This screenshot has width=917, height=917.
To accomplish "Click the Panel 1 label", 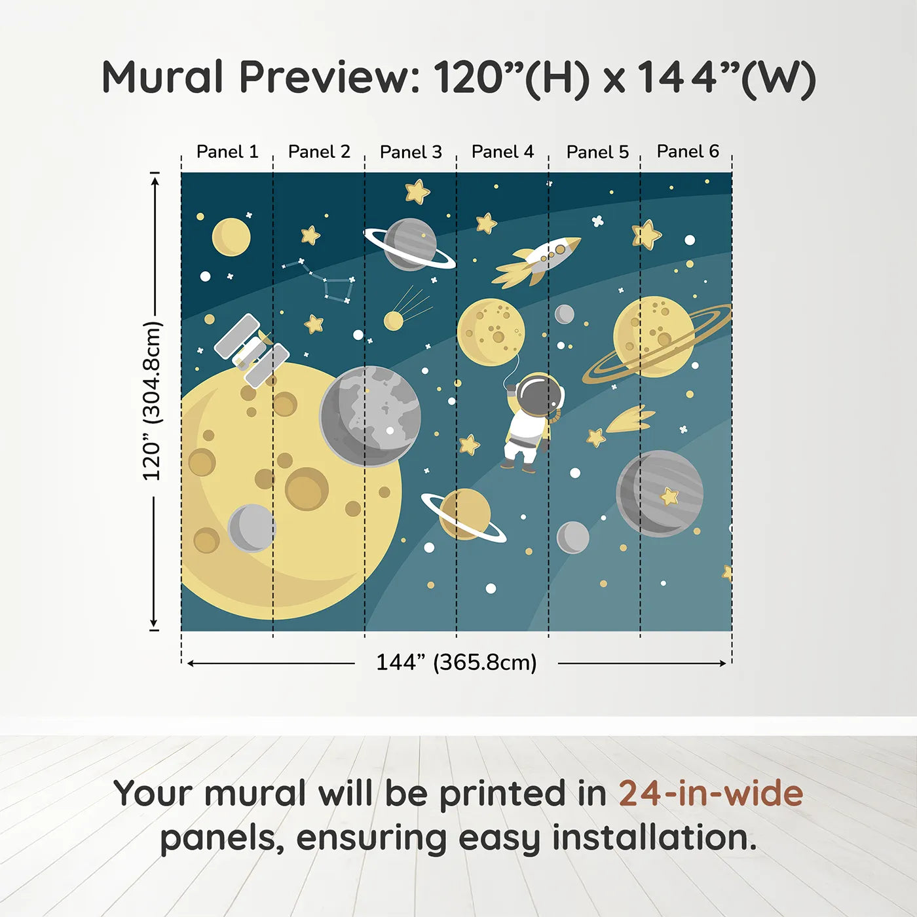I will [x=227, y=152].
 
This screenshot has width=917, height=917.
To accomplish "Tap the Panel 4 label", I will [x=502, y=152].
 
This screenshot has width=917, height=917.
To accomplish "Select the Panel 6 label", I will [x=688, y=151].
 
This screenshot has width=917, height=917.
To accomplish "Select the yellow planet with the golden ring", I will [x=654, y=337].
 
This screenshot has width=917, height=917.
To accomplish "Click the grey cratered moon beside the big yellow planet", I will [x=370, y=416].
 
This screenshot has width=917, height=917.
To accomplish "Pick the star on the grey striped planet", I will [x=669, y=496].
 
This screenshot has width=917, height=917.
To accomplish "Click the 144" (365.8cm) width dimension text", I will [x=456, y=662].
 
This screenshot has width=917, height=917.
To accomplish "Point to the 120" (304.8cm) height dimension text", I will [x=152, y=401].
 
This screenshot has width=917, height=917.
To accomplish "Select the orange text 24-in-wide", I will [x=711, y=793].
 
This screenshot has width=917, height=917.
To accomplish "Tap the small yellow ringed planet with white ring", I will [x=464, y=515].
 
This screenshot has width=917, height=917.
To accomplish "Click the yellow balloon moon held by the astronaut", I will [x=491, y=331].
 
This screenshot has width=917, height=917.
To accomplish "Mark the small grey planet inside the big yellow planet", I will [x=252, y=528].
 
